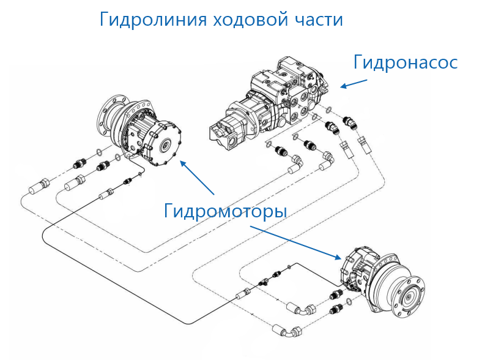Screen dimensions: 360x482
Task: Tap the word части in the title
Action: [317, 20]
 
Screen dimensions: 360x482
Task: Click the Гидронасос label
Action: [406, 62]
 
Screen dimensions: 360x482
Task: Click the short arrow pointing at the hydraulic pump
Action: [354, 83]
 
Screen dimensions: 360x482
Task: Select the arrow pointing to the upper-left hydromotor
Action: [196, 178]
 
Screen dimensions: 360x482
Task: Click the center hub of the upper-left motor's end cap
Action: [165, 145]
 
